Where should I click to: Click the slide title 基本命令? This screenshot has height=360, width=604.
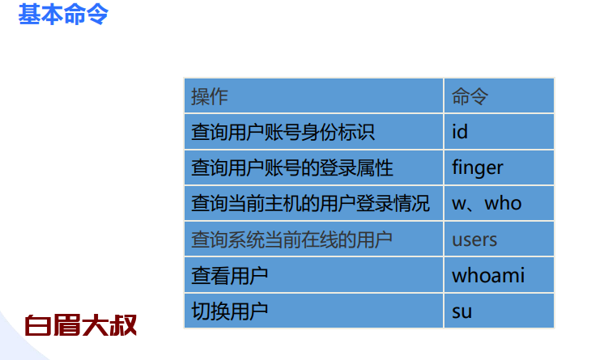63,15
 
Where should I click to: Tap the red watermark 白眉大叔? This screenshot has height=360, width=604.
80,325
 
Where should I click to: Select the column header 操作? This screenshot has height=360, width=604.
210,96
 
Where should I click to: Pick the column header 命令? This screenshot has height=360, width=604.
470,96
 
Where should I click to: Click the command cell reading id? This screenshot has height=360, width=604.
460,132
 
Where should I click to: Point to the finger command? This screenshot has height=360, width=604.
478,168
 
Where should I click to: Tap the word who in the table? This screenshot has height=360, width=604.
503,203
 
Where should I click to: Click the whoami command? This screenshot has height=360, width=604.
488,275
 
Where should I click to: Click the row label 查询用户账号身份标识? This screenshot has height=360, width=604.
283,132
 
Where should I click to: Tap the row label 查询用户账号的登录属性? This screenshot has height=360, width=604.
292,168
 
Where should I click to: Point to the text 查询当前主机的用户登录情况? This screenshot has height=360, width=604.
310,203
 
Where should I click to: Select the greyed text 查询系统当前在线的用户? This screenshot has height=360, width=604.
292,239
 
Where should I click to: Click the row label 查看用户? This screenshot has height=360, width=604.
230,276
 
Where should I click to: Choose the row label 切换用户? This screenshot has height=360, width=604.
230,311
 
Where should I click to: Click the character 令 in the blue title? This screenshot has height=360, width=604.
97,15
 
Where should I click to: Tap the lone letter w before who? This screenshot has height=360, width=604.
459,204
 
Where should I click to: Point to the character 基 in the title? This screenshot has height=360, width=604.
29,15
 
